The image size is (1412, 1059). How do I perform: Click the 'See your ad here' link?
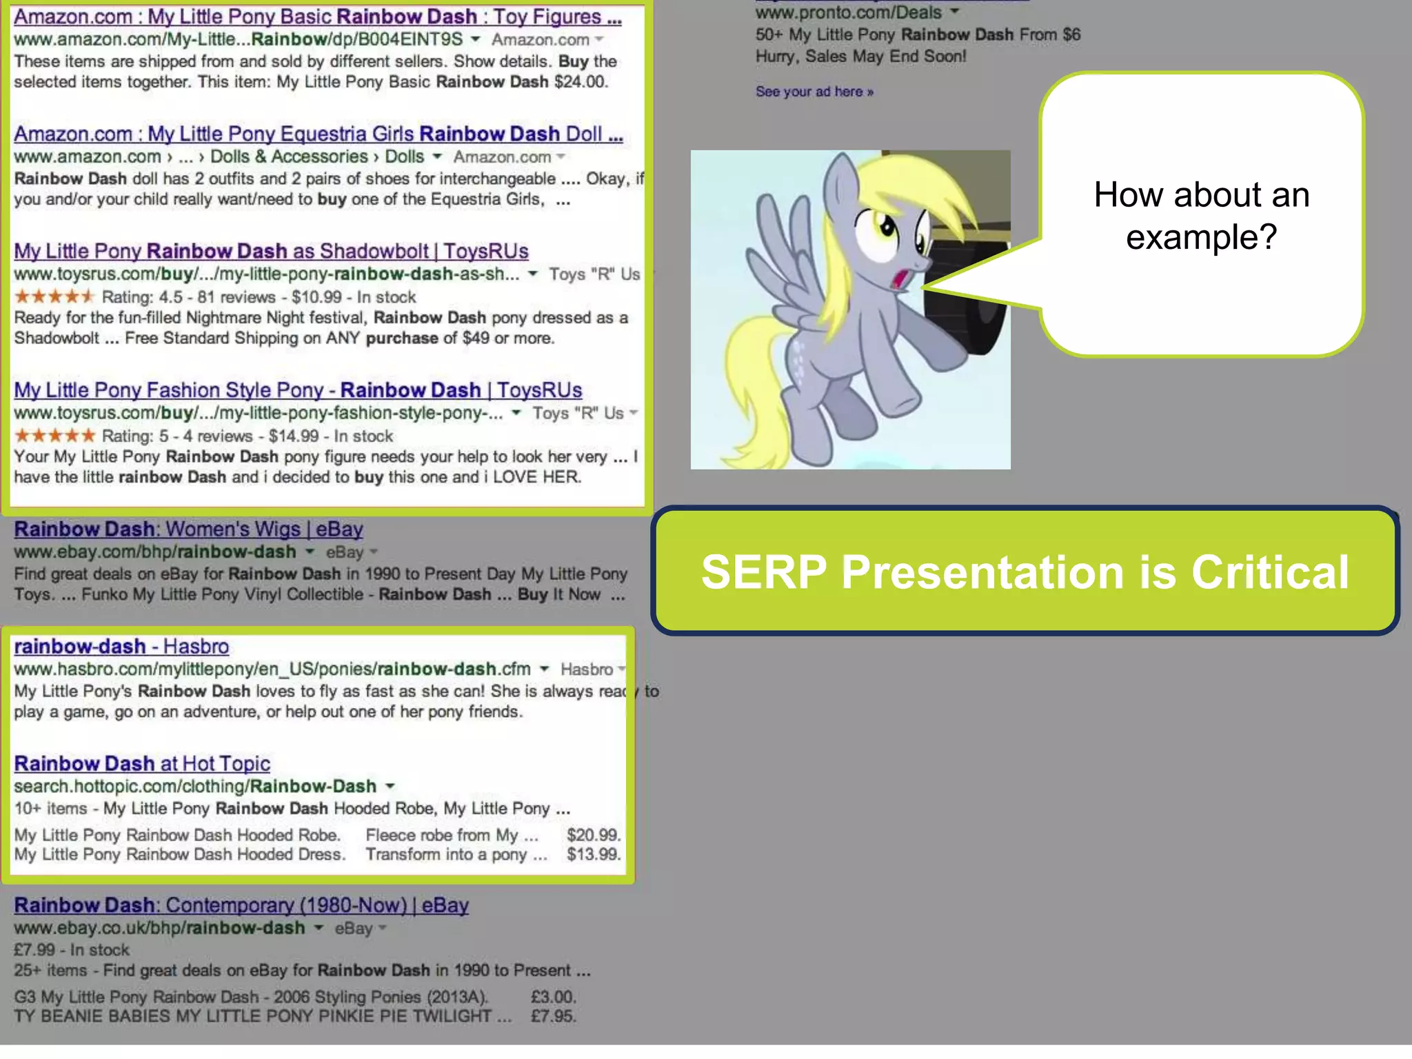814,92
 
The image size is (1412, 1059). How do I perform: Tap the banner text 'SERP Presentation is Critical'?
1025,572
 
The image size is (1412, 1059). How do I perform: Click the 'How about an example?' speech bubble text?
1201,215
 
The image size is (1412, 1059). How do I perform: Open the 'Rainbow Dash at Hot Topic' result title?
142,763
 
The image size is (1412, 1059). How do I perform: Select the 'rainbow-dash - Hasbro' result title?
121,646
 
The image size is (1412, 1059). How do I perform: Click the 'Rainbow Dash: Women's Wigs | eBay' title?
188,529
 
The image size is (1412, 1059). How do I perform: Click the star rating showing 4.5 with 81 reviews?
54,297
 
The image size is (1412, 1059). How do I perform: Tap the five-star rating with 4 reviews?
54,436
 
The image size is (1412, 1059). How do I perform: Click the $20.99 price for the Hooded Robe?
593,835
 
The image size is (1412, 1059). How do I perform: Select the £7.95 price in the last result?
553,1016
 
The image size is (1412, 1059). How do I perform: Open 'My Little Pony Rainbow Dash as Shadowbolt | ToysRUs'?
271,251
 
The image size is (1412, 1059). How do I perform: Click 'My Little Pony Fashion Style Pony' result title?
298,390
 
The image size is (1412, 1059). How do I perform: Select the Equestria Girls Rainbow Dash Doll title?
318,134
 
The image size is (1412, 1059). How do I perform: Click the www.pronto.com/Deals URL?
848,12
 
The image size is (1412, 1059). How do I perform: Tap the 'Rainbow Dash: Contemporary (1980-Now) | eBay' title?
241,905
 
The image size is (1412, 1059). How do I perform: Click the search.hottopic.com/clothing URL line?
195,786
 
